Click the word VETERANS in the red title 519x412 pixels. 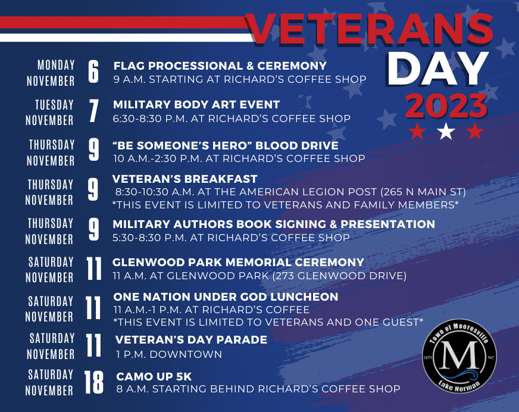click(x=370, y=29)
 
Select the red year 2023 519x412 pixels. click(x=446, y=105)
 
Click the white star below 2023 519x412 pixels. click(x=446, y=131)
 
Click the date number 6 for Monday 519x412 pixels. click(x=93, y=72)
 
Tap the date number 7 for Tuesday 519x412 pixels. click(x=93, y=111)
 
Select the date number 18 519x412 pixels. click(x=94, y=382)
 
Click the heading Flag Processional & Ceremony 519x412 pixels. click(x=220, y=66)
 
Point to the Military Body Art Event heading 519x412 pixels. click(x=196, y=105)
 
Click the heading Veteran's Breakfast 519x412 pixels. click(x=185, y=179)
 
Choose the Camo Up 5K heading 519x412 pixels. click(x=154, y=376)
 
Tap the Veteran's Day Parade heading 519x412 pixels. click(x=191, y=339)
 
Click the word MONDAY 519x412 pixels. click(x=56, y=65)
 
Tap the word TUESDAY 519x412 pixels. click(x=54, y=105)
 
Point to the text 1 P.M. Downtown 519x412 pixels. click(x=169, y=354)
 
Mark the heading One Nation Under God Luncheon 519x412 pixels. click(x=226, y=296)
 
